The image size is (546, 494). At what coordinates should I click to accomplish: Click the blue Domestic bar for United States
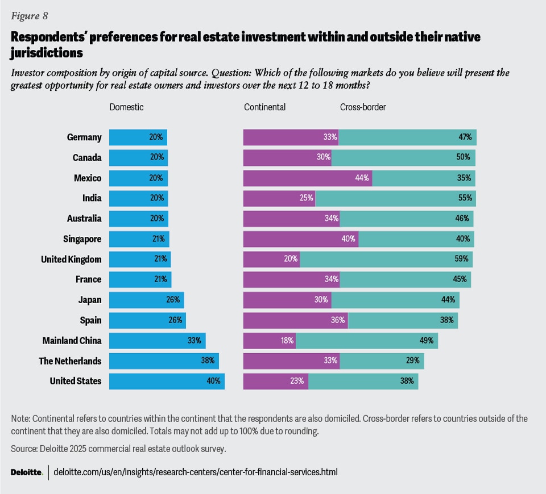point(166,381)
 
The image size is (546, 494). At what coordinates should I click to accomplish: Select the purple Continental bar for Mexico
point(307,178)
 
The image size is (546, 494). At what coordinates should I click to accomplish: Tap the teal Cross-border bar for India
point(395,198)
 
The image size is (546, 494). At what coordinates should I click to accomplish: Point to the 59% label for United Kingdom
point(461,259)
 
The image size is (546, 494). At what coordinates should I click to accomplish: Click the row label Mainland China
point(72,341)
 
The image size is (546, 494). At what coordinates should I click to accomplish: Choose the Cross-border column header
point(363,107)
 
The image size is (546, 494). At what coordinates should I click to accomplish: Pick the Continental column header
point(264,107)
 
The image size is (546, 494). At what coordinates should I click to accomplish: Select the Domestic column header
point(126,107)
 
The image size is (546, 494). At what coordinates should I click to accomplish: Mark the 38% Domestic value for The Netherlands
point(207,361)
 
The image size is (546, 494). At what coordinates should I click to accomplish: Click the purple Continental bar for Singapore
point(300,239)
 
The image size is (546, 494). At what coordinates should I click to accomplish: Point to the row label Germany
point(84,137)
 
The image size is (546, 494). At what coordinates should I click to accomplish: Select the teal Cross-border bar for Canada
point(403,158)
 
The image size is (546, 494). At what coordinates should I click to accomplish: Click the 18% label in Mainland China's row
point(287,341)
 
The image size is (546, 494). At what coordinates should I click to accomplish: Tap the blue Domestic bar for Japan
point(146,300)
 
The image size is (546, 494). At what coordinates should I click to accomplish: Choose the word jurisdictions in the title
point(47,53)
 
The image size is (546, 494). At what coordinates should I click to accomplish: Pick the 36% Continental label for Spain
point(338,320)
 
